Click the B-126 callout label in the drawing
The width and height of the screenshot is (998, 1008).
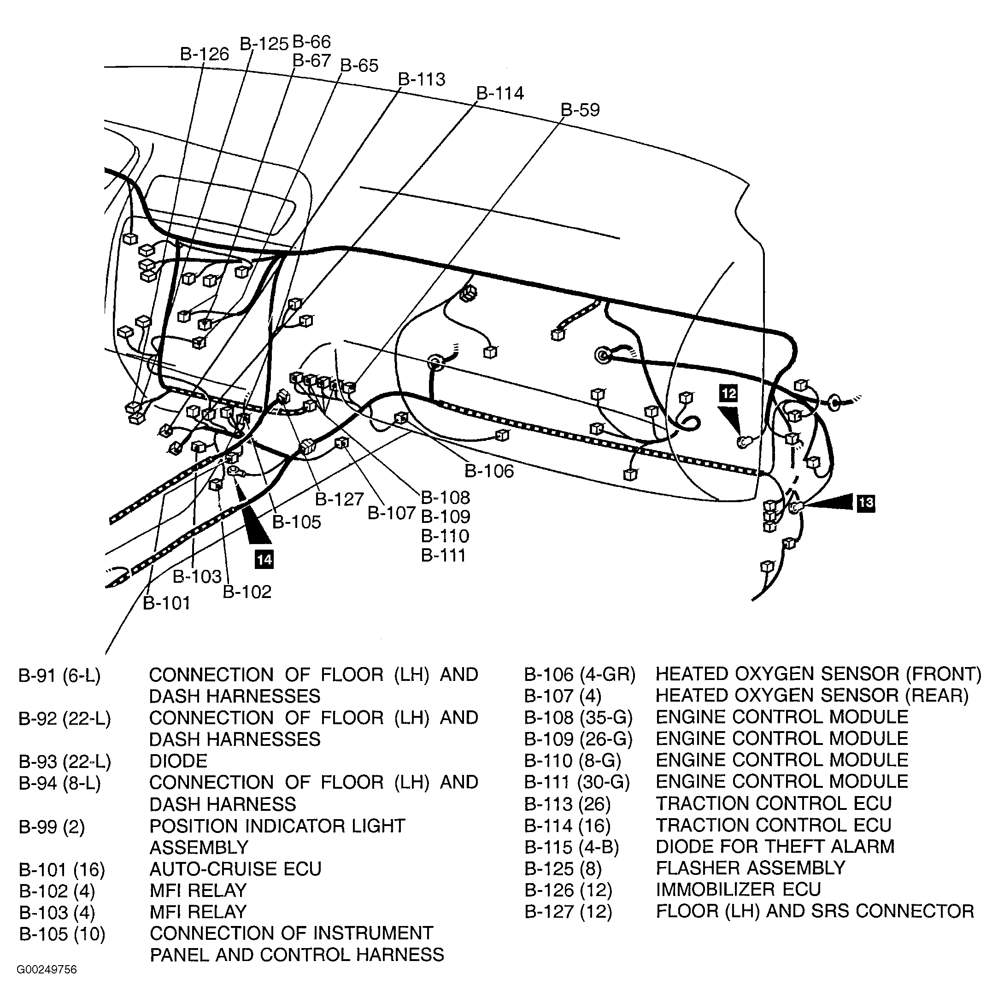(x=205, y=54)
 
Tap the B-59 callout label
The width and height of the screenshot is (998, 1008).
(x=580, y=110)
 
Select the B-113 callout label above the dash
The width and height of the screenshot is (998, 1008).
(x=422, y=79)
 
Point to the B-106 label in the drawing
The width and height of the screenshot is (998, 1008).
(x=489, y=471)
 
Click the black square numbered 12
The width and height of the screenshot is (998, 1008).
(x=728, y=393)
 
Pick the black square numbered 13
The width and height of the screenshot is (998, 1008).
(x=865, y=503)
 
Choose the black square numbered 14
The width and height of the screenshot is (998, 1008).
(x=264, y=560)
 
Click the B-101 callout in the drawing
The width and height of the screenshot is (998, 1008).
(x=166, y=603)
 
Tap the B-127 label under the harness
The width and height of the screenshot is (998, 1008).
(x=339, y=499)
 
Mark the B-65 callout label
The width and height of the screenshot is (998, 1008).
(x=359, y=66)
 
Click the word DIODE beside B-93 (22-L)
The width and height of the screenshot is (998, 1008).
(x=178, y=761)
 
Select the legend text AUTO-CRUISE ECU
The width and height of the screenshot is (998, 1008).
(x=235, y=869)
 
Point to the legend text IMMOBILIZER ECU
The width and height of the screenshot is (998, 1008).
(x=738, y=890)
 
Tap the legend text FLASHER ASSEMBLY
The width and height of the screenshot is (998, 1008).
(x=750, y=867)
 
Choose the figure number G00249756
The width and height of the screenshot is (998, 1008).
(x=47, y=970)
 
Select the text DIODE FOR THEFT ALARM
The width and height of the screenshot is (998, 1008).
(x=775, y=846)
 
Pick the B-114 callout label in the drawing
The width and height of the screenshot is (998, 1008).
(x=500, y=94)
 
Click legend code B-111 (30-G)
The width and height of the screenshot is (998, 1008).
(x=577, y=782)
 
